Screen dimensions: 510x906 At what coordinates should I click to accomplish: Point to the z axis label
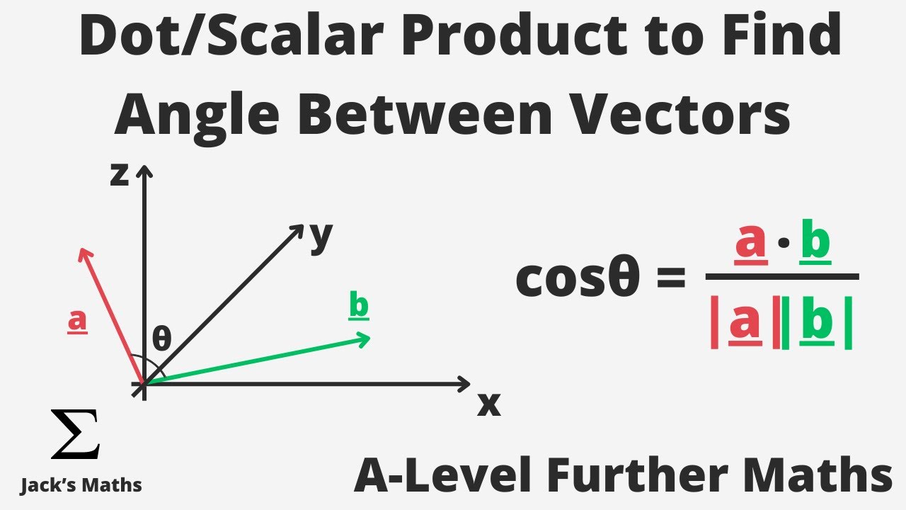click(120, 174)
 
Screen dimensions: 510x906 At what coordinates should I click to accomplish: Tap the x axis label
click(488, 404)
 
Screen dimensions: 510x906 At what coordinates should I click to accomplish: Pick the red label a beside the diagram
click(77, 321)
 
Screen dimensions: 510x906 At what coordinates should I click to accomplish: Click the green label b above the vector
click(359, 305)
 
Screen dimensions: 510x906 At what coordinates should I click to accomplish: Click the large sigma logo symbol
click(75, 433)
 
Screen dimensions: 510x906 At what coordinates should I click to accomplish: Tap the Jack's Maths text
click(81, 485)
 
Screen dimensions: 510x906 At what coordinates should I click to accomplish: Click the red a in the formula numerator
click(751, 242)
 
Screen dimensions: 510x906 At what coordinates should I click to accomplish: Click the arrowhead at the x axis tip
click(464, 384)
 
